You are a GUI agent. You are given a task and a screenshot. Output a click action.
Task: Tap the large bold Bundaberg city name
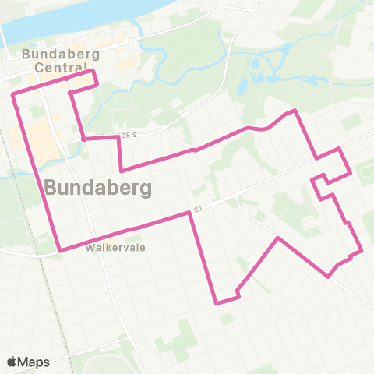tap(97, 188)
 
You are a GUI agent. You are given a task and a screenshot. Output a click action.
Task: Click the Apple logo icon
tap(13, 362)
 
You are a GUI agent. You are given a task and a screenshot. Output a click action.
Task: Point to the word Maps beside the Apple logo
tap(34, 362)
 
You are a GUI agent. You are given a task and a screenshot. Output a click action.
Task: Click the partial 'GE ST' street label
tap(129, 135)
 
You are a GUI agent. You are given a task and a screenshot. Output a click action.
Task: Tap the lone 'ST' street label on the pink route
tap(199, 209)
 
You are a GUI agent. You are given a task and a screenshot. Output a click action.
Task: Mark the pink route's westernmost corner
tap(12, 95)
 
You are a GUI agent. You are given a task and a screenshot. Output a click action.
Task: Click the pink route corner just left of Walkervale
tap(60, 250)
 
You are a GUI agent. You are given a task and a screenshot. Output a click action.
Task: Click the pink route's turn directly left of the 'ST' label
tap(189, 212)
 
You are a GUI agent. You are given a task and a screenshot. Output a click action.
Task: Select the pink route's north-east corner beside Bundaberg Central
tap(93, 71)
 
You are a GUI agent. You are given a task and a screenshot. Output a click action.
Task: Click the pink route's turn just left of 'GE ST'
tap(83, 139)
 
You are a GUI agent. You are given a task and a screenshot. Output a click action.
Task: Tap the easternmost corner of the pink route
tap(362, 250)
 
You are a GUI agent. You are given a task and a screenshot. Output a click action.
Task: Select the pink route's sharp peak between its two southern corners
tap(278, 238)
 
